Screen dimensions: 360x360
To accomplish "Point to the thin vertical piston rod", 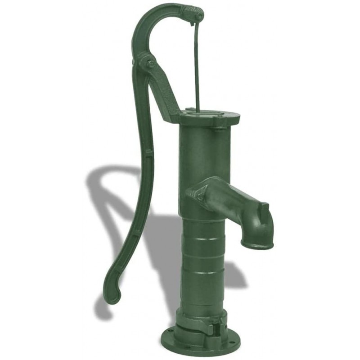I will (196, 67).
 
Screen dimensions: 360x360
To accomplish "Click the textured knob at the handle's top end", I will (194, 16).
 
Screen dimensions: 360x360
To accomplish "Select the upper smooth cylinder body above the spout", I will (205, 153).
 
